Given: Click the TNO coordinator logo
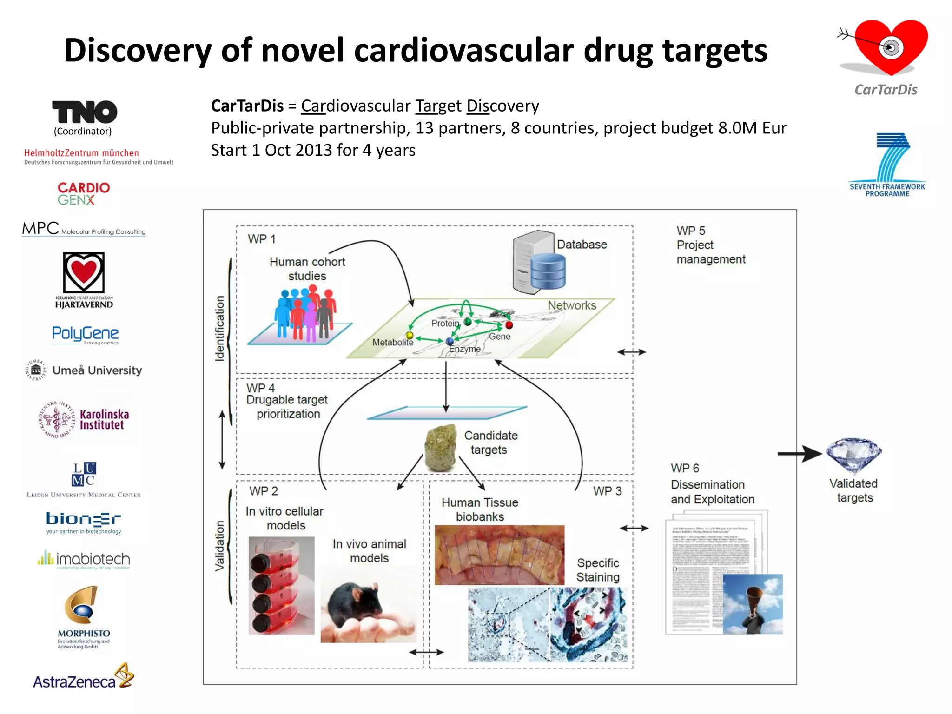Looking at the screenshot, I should pyautogui.click(x=84, y=112).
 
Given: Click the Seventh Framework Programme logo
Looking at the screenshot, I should pyautogui.click(x=887, y=165).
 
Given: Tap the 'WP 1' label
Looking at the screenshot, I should pyautogui.click(x=262, y=239).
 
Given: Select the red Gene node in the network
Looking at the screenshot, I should pyautogui.click(x=509, y=325).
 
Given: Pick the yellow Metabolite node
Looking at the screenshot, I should pyautogui.click(x=410, y=335).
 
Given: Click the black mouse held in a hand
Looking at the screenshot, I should pyautogui.click(x=355, y=604).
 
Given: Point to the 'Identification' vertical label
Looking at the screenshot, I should pyautogui.click(x=219, y=328).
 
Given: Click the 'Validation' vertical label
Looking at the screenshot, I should pyautogui.click(x=219, y=546).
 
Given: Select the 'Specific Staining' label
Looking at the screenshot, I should pyautogui.click(x=598, y=570).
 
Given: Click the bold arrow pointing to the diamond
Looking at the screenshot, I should pyautogui.click(x=800, y=454).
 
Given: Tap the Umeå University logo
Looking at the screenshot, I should pyautogui.click(x=84, y=370).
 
